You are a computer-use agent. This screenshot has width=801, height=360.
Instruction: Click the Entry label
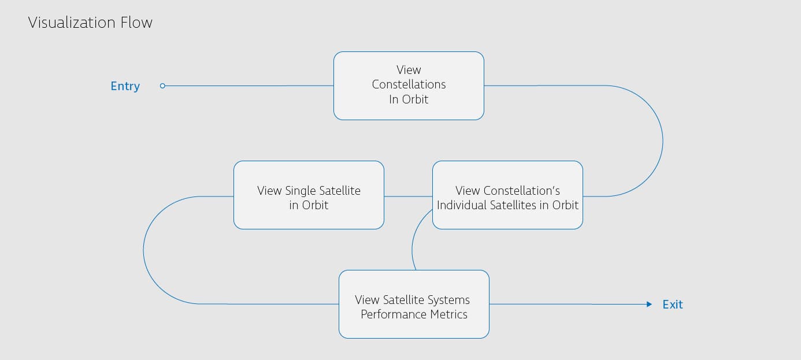click(x=125, y=86)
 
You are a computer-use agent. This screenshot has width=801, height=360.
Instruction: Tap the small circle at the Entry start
click(x=162, y=86)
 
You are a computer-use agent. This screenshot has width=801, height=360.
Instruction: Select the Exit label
click(x=672, y=305)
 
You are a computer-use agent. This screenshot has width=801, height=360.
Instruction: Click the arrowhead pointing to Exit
click(x=649, y=304)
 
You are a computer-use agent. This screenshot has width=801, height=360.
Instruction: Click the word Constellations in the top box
click(x=409, y=84)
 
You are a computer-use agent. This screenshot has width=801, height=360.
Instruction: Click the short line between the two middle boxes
click(x=408, y=196)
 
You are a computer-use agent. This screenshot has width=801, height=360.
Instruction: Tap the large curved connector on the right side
click(x=662, y=141)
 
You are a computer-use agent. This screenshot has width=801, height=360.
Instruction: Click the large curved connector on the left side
click(x=143, y=250)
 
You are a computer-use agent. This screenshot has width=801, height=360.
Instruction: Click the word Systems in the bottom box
click(x=448, y=300)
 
